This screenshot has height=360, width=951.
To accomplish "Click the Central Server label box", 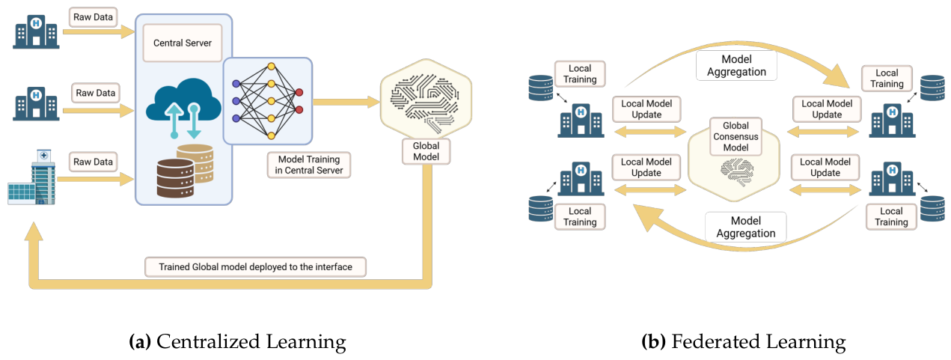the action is [x=183, y=43].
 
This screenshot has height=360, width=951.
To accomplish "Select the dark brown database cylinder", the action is [x=175, y=178].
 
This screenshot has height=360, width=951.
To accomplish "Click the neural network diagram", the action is [x=267, y=101].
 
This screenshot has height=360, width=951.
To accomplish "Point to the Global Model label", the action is [x=426, y=151].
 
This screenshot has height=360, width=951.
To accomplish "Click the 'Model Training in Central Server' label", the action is [x=309, y=165].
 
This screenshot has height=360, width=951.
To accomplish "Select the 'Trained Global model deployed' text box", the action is [x=255, y=266].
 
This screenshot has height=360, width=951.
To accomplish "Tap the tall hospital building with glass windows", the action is [x=32, y=177].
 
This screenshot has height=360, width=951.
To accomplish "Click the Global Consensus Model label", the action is [x=736, y=136].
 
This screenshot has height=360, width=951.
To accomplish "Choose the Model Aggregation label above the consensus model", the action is [x=736, y=65].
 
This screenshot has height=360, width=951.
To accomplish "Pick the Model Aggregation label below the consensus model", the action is [x=746, y=227].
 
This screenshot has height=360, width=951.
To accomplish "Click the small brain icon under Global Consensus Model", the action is [x=737, y=172].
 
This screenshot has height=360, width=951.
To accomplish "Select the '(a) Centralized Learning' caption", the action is [x=238, y=342].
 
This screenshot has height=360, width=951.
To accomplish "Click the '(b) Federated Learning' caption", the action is [x=744, y=342].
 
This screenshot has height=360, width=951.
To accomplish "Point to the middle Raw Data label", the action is [x=96, y=93].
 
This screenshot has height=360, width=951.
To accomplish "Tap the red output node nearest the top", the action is [x=299, y=92].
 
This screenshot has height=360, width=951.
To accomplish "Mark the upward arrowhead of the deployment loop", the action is [x=34, y=231].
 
